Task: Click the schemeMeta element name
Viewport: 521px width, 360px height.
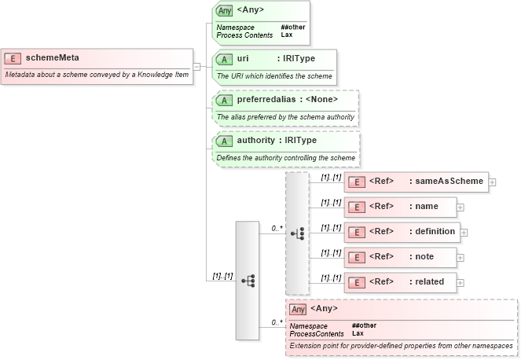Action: tap(52, 57)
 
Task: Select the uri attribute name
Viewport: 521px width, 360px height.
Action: tap(243, 59)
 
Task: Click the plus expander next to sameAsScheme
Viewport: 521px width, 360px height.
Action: tap(492, 182)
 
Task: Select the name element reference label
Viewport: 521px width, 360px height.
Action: tap(427, 207)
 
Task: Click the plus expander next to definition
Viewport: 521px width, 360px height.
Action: tap(464, 233)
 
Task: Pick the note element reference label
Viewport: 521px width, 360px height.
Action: tap(425, 256)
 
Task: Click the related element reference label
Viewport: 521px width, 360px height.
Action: tap(430, 281)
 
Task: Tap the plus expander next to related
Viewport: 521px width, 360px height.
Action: tap(460, 282)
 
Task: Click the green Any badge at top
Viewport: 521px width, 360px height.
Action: tap(225, 10)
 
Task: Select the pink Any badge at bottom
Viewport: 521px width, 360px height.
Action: tap(298, 309)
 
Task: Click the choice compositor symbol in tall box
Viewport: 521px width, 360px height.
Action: tap(297, 233)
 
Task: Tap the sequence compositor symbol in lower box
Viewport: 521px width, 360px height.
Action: tap(248, 281)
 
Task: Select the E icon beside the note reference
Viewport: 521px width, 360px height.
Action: tap(357, 257)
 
